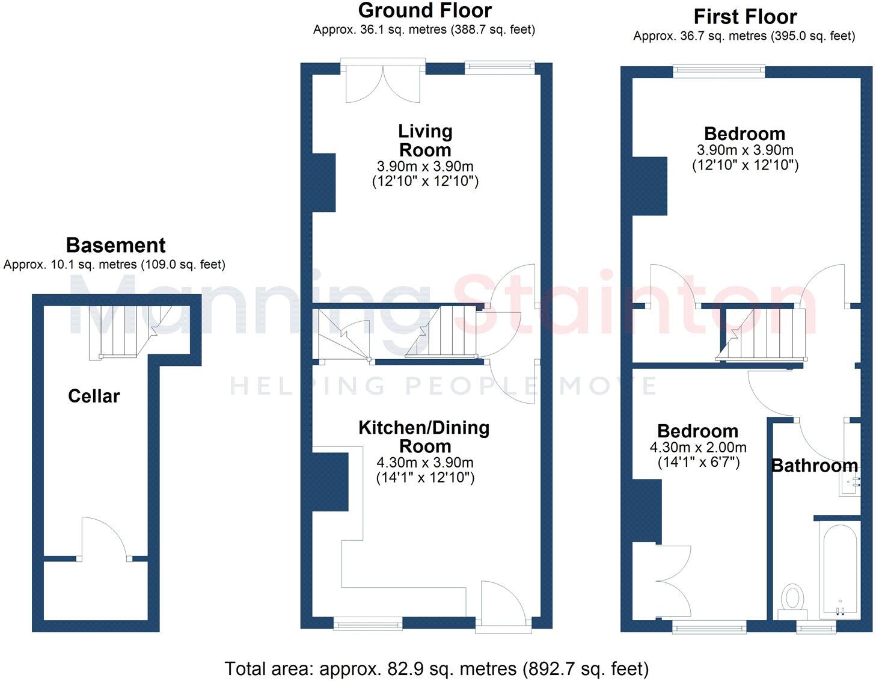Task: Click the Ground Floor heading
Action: (424, 10)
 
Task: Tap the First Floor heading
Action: (745, 16)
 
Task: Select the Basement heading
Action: (115, 245)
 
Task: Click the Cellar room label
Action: (94, 396)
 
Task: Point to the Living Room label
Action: (425, 140)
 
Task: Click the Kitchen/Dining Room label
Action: (424, 437)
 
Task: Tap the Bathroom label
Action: (814, 466)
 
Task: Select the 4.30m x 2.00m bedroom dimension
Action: (698, 448)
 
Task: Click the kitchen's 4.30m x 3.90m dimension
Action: (424, 463)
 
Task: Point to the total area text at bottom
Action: (436, 668)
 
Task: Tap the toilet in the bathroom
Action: (793, 599)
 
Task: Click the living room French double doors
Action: (383, 82)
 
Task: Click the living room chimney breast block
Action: (323, 182)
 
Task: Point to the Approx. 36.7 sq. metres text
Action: (744, 36)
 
